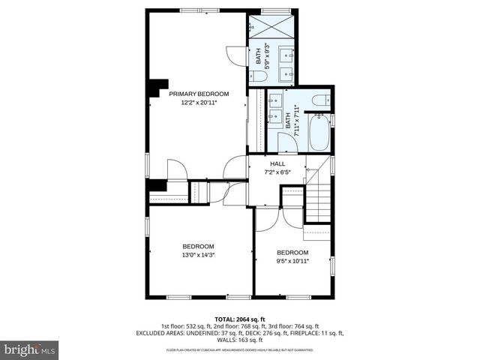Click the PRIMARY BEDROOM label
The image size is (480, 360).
(199, 94)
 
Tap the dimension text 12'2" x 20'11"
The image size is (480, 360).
(199, 103)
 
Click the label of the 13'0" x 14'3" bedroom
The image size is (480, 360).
(198, 247)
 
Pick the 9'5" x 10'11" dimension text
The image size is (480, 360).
(292, 261)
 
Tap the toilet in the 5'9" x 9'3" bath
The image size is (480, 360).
(259, 76)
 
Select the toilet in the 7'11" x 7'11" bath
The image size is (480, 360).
(318, 100)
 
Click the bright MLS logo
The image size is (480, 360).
(30, 349)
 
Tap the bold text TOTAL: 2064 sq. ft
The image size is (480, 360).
(240, 319)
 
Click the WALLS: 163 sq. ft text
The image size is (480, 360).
(240, 340)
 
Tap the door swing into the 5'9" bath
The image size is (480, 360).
(237, 55)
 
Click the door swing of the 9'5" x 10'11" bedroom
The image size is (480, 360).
(268, 219)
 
